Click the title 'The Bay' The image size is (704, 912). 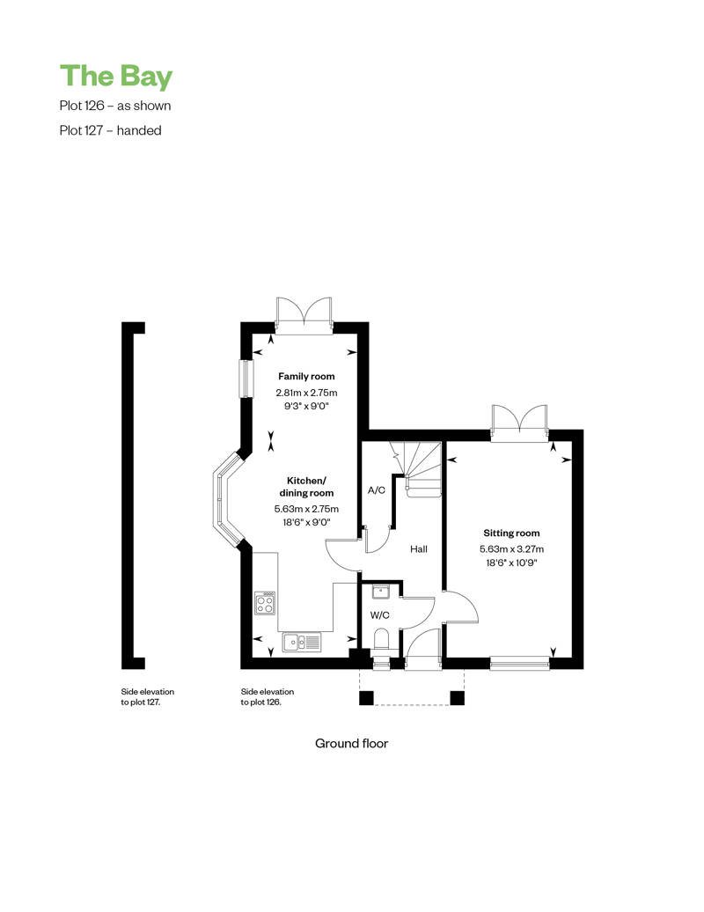click(x=116, y=77)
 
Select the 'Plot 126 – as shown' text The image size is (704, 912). click(x=115, y=106)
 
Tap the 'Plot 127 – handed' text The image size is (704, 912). click(x=111, y=130)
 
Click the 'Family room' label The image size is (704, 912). click(x=306, y=376)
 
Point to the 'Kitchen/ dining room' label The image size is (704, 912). click(x=306, y=487)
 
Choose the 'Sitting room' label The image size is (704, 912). click(x=511, y=533)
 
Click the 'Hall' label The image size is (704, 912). click(x=419, y=549)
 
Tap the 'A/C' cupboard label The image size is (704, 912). click(x=377, y=490)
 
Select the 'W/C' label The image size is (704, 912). click(x=379, y=615)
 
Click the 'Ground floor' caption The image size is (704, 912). click(x=352, y=743)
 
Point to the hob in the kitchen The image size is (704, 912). click(x=265, y=602)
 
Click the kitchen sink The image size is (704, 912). click(x=301, y=642)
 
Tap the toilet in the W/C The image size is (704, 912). click(x=382, y=640)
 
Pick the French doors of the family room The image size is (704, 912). click(x=304, y=315)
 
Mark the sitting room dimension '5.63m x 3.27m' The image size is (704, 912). click(x=511, y=548)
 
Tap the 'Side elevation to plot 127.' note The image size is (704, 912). click(x=148, y=697)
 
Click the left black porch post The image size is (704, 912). click(x=366, y=698)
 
